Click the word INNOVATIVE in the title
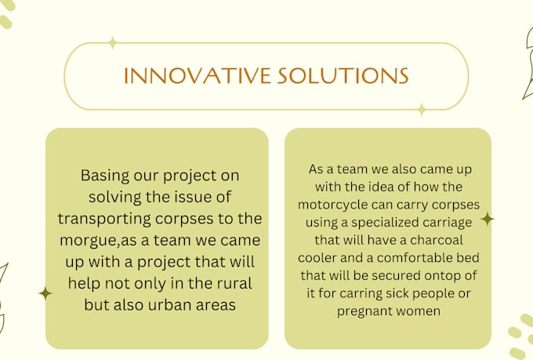198,75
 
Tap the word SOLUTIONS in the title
343,75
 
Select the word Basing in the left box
105,176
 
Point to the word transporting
104,219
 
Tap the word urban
169,304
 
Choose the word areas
216,305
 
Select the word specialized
383,223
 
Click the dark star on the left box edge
45,293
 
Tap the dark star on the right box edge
488,219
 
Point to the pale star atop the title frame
112,43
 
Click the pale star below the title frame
422,110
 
